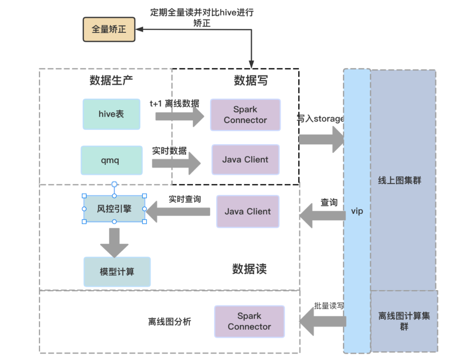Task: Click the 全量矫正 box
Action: pos(109,29)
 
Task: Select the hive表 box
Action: pos(111,114)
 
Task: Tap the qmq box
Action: pos(112,160)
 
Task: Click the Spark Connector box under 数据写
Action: pos(246,115)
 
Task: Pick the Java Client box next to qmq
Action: pos(246,160)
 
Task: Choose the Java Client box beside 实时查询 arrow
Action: pos(248,212)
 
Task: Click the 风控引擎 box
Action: pos(114,208)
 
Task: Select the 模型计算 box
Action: pos(117,272)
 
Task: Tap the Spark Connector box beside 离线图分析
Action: pos(249,321)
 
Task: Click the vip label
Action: pos(357,211)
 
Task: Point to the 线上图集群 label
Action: pos(400,180)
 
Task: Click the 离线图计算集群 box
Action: pos(404,321)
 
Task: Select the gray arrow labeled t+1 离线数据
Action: pos(180,117)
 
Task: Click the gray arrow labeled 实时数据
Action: pos(176,163)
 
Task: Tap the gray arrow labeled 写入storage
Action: pos(321,139)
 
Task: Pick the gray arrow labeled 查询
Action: pos(323,216)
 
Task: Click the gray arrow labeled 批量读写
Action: pos(323,321)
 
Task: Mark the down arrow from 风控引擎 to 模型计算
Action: pos(114,243)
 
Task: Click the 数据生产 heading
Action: pos(111,80)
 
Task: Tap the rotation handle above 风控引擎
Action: pos(114,184)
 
